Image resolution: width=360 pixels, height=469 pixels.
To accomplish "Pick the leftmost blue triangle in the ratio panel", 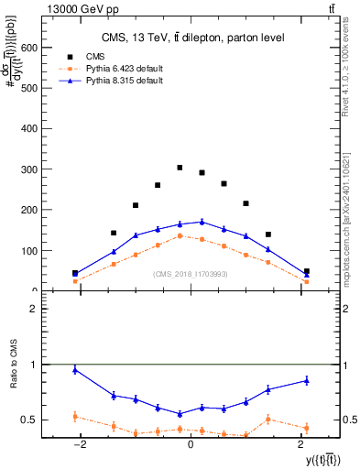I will tap(75, 370).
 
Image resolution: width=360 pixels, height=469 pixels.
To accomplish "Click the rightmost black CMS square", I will tap(306, 271).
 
